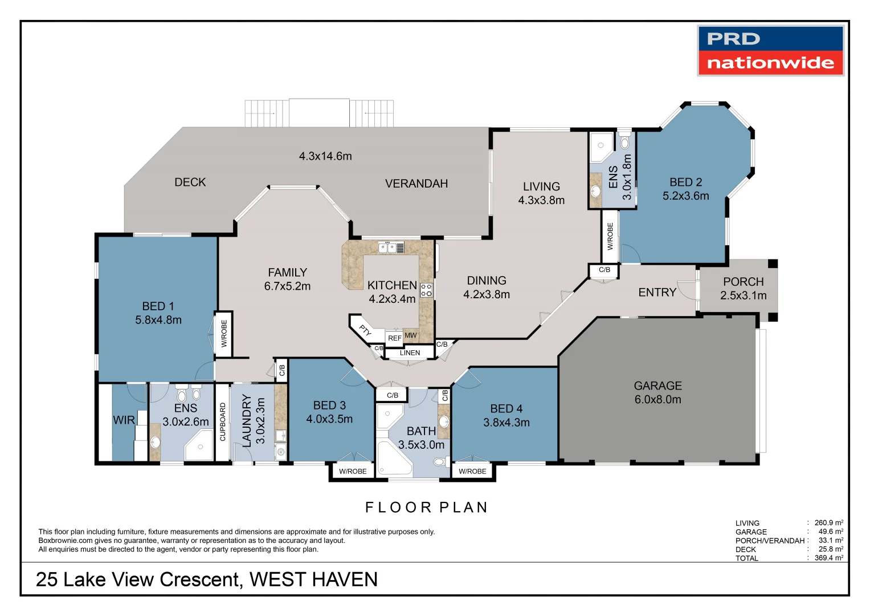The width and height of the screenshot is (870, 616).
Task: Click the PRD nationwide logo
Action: click(770, 51)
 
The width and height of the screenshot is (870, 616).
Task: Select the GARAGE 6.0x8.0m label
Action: click(657, 393)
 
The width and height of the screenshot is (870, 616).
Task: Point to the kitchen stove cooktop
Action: click(426, 290)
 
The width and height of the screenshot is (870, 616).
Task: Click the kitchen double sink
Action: click(387, 248)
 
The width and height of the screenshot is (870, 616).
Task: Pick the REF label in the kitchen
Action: click(394, 338)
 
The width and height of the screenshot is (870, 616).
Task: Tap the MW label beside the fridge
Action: click(410, 335)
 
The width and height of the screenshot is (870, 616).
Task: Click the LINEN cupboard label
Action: click(410, 353)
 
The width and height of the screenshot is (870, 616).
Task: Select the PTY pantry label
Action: click(365, 330)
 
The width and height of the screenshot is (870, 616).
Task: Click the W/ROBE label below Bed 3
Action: click(353, 471)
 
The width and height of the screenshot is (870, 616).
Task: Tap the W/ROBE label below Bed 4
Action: click(472, 471)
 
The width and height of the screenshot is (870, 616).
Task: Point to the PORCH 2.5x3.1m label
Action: click(743, 289)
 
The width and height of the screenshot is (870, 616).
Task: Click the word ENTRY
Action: click(657, 292)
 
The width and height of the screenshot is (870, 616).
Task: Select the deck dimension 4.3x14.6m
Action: click(325, 156)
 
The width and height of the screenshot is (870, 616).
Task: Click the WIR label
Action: click(124, 420)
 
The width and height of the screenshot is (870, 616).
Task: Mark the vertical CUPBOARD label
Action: click(223, 422)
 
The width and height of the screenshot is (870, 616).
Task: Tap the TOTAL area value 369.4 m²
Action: click(828, 558)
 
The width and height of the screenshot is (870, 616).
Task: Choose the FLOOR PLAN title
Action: click(426, 507)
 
